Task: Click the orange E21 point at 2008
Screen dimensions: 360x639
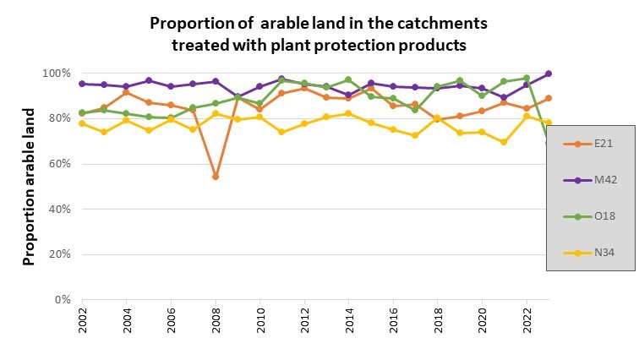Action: point(216,177)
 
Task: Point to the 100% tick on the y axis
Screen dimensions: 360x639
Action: point(57,74)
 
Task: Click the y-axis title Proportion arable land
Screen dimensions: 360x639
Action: point(30,186)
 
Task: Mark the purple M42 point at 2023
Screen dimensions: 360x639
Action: point(548,74)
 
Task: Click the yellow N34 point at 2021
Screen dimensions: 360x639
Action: point(504,142)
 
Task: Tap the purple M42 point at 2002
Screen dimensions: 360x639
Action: point(82,84)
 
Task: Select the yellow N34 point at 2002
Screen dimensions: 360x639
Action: point(82,123)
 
